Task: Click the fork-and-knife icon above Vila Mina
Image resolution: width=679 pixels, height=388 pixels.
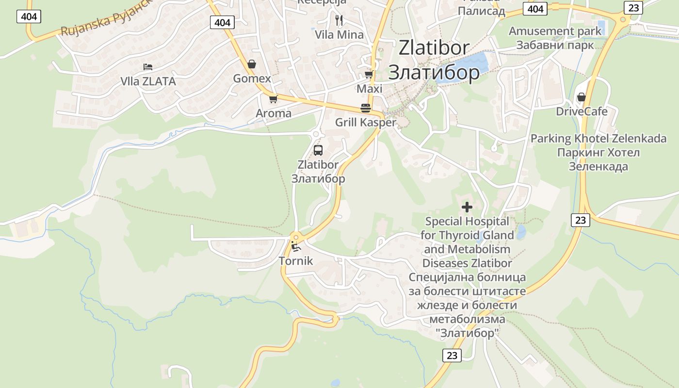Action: [x=339, y=20]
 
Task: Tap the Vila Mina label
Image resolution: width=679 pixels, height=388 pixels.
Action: [x=339, y=35]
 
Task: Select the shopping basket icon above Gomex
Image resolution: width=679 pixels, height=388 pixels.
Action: [x=252, y=64]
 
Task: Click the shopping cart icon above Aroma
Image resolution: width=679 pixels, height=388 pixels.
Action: [x=273, y=99]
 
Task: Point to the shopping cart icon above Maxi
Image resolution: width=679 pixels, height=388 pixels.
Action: [x=369, y=75]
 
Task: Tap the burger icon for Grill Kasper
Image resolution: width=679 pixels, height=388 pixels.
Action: [x=366, y=108]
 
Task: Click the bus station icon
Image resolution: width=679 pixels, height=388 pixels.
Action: [x=318, y=150]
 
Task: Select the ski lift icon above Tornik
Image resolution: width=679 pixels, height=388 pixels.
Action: [x=295, y=247]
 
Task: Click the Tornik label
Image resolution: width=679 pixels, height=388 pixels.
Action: [x=296, y=261]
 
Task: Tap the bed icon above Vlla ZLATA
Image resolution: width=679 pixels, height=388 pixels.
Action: [x=148, y=67]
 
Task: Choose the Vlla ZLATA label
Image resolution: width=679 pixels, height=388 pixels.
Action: [x=148, y=81]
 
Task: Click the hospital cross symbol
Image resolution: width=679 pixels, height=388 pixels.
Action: [x=467, y=208]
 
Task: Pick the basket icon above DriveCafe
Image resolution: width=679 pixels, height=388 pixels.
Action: [x=581, y=97]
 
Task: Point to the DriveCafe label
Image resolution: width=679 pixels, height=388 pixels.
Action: [x=582, y=112]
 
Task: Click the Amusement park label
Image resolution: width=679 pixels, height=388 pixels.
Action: [x=555, y=31]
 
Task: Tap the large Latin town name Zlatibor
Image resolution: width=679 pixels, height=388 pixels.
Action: [x=434, y=48]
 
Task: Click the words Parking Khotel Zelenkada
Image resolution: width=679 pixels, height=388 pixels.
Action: [x=598, y=139]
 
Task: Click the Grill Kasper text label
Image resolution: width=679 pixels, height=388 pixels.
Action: [x=366, y=122]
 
